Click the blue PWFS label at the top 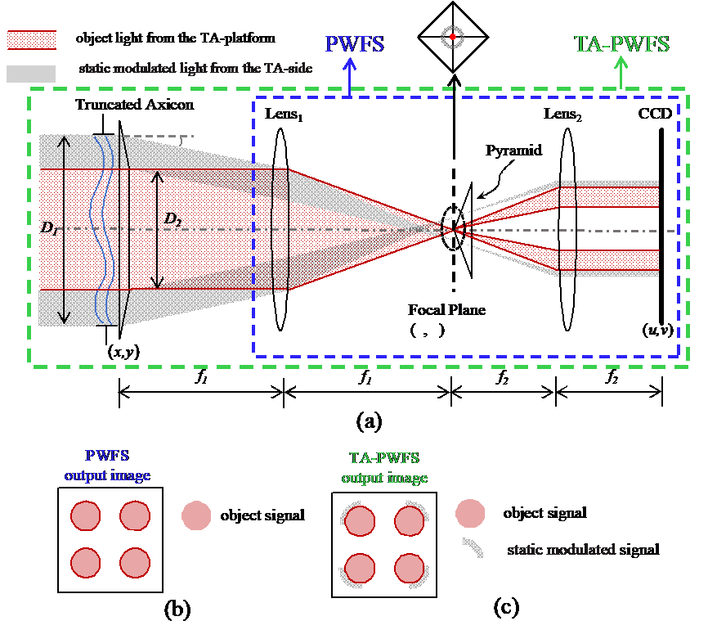pyautogui.click(x=355, y=44)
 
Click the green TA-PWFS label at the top pyautogui.click(x=621, y=44)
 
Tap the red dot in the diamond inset pyautogui.click(x=452, y=37)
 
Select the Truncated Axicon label pyautogui.click(x=135, y=105)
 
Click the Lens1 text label pyautogui.click(x=284, y=115)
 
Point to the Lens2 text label pyautogui.click(x=562, y=115)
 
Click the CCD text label pyautogui.click(x=655, y=113)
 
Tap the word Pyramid pyautogui.click(x=514, y=151)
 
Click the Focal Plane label pyautogui.click(x=446, y=309)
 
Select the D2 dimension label pyautogui.click(x=173, y=219)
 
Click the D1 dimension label pyautogui.click(x=49, y=227)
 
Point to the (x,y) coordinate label pyautogui.click(x=123, y=351)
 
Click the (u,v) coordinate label pyautogui.click(x=658, y=330)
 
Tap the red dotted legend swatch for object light pyautogui.click(x=32, y=40)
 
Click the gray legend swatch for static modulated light pyautogui.click(x=31, y=74)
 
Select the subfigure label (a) pyautogui.click(x=369, y=421)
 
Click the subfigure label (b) pyautogui.click(x=177, y=610)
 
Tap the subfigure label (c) pyautogui.click(x=506, y=607)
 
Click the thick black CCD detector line pyautogui.click(x=661, y=226)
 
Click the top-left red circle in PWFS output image pyautogui.click(x=85, y=515)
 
